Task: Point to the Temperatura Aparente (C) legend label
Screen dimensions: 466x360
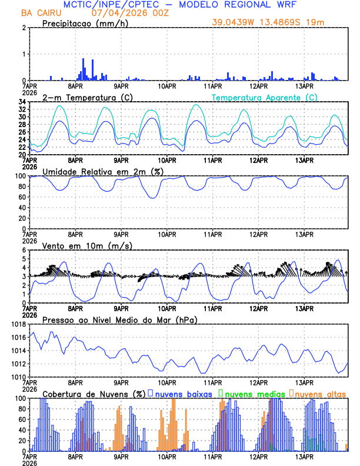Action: coord(265,97)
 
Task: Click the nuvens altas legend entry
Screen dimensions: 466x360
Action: coord(319,394)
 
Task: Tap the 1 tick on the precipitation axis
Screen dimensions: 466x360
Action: coord(24,54)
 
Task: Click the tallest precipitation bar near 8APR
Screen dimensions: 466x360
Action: coord(84,69)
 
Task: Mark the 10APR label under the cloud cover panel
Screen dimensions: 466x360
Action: coord(167,456)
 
